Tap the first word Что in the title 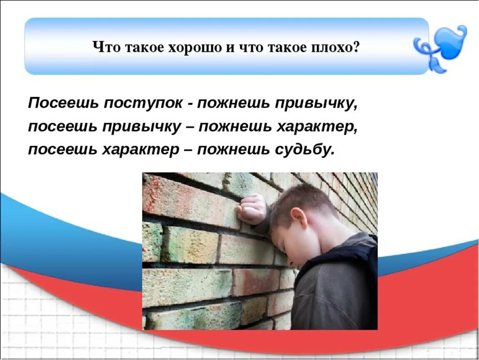tap(102, 47)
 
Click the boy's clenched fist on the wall tap(252, 208)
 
